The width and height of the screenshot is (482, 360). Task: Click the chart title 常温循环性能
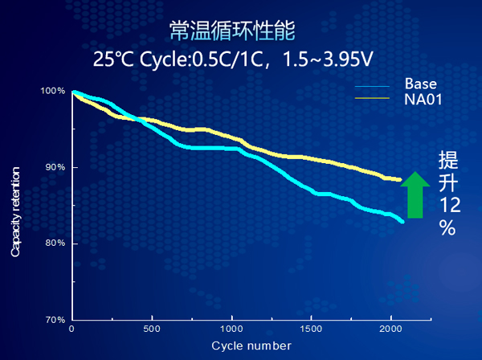pyautogui.click(x=233, y=31)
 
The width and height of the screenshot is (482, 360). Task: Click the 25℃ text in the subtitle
pyautogui.click(x=110, y=59)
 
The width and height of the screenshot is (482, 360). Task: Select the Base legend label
pyautogui.click(x=420, y=84)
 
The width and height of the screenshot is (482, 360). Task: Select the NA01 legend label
pyautogui.click(x=423, y=99)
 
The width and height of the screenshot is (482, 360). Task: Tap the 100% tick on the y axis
pyautogui.click(x=53, y=91)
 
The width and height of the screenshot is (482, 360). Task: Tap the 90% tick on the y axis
pyautogui.click(x=55, y=167)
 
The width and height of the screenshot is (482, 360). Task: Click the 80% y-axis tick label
pyautogui.click(x=55, y=243)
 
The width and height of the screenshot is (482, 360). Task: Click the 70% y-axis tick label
pyautogui.click(x=55, y=320)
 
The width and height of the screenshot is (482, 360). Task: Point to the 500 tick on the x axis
pyautogui.click(x=152, y=329)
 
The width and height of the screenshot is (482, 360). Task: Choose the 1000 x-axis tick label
pyautogui.click(x=231, y=329)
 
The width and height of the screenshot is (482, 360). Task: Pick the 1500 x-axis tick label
pyautogui.click(x=311, y=329)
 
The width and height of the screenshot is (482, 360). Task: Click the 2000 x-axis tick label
pyautogui.click(x=390, y=329)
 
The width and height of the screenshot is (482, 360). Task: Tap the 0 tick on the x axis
pyautogui.click(x=72, y=329)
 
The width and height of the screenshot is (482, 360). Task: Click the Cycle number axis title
pyautogui.click(x=251, y=346)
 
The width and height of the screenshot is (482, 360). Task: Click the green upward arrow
pyautogui.click(x=415, y=194)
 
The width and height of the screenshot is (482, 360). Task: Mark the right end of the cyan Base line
pyautogui.click(x=402, y=221)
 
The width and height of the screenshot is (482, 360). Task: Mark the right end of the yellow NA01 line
pyautogui.click(x=399, y=179)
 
